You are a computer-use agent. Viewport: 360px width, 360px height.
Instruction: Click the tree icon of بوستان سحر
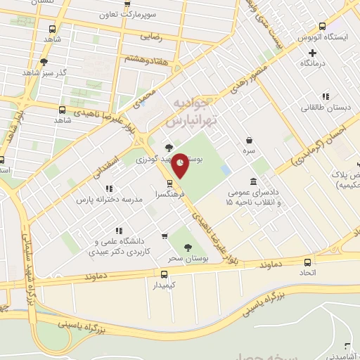(187, 247)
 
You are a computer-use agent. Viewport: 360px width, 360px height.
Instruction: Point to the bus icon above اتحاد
(308, 257)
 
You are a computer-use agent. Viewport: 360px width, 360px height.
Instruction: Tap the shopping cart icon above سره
(251, 139)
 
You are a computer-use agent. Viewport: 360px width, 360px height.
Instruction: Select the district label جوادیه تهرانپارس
(197, 113)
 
